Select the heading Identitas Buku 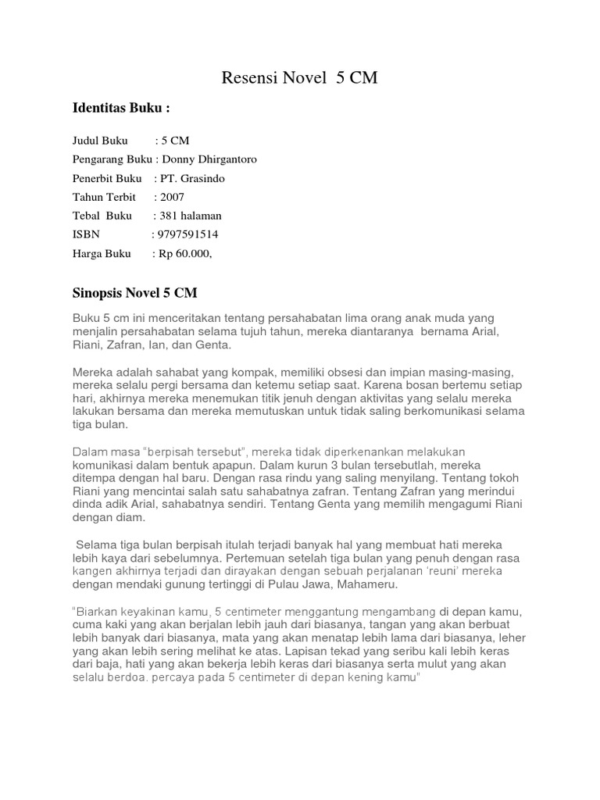click(x=121, y=107)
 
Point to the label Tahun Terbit click(x=104, y=197)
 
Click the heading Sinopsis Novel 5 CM click(x=135, y=294)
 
